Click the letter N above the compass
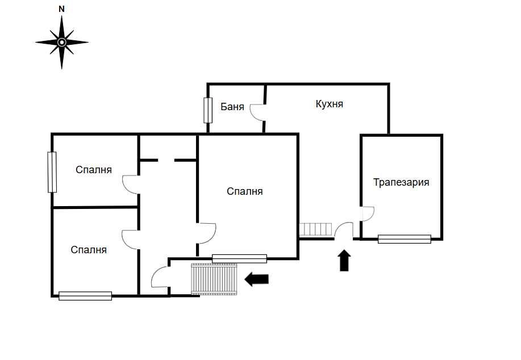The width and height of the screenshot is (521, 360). (x=61, y=9)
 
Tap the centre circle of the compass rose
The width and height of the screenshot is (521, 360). (x=61, y=42)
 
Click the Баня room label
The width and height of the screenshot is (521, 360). (x=232, y=107)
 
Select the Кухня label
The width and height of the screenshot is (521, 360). (x=330, y=103)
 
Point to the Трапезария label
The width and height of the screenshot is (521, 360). (x=401, y=182)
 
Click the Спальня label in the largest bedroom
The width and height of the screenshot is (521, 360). (x=244, y=191)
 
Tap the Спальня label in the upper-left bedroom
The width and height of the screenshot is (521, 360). (x=94, y=169)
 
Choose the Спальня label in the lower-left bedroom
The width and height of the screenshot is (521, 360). (x=89, y=249)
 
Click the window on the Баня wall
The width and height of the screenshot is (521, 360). (x=208, y=110)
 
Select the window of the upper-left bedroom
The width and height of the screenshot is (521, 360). (x=52, y=172)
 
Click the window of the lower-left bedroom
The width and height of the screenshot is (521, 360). (x=85, y=296)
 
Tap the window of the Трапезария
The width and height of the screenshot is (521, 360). (x=405, y=239)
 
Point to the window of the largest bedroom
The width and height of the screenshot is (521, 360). (x=239, y=258)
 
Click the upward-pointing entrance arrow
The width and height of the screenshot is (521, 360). (x=344, y=261)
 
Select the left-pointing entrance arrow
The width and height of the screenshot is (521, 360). (x=256, y=279)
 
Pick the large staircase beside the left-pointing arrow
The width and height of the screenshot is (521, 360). (x=214, y=279)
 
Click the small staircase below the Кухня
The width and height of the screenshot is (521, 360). (x=316, y=229)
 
